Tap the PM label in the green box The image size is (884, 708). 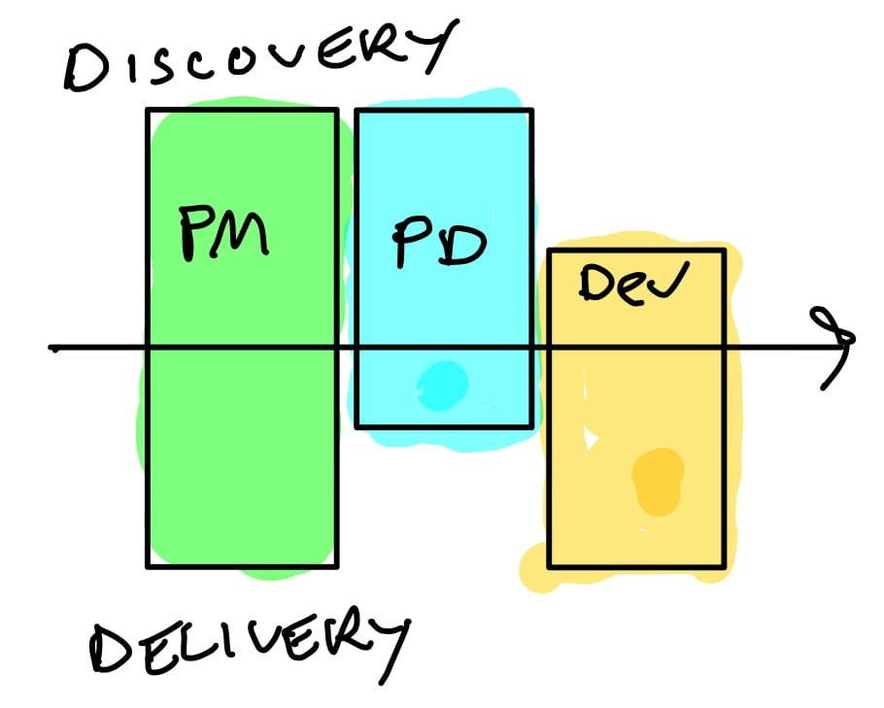click(223, 233)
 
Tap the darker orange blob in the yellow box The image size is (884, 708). click(658, 479)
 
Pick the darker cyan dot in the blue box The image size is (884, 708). click(442, 381)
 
